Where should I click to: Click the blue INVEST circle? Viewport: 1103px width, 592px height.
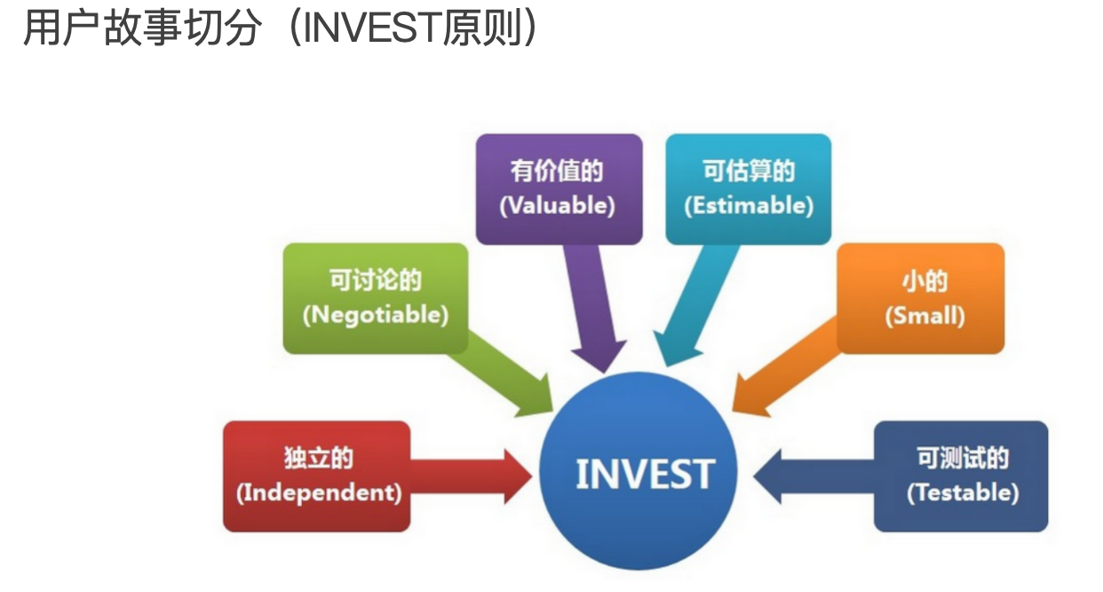(639, 471)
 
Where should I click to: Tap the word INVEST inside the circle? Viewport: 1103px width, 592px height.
(645, 474)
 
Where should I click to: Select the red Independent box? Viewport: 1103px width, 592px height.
(317, 476)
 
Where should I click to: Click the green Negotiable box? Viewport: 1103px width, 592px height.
(376, 298)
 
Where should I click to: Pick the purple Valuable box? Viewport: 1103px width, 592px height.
(559, 189)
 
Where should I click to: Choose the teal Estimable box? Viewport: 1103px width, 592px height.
(749, 189)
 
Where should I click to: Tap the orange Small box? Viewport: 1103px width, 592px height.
(921, 298)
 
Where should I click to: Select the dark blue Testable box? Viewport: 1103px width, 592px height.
(961, 476)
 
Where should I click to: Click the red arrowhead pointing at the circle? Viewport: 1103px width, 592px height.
(518, 476)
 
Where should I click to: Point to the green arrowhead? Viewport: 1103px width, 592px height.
(536, 398)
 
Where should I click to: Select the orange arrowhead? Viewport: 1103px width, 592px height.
(749, 396)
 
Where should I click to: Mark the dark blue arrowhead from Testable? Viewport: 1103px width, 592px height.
(767, 476)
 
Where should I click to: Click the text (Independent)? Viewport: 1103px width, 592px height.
(319, 493)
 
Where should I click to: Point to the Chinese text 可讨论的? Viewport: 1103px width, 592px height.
(376, 280)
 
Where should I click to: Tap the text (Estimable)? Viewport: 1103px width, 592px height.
(749, 205)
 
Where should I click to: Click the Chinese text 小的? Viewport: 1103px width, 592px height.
(924, 281)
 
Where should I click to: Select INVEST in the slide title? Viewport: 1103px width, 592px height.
(371, 28)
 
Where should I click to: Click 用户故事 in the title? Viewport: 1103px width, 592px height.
(102, 28)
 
